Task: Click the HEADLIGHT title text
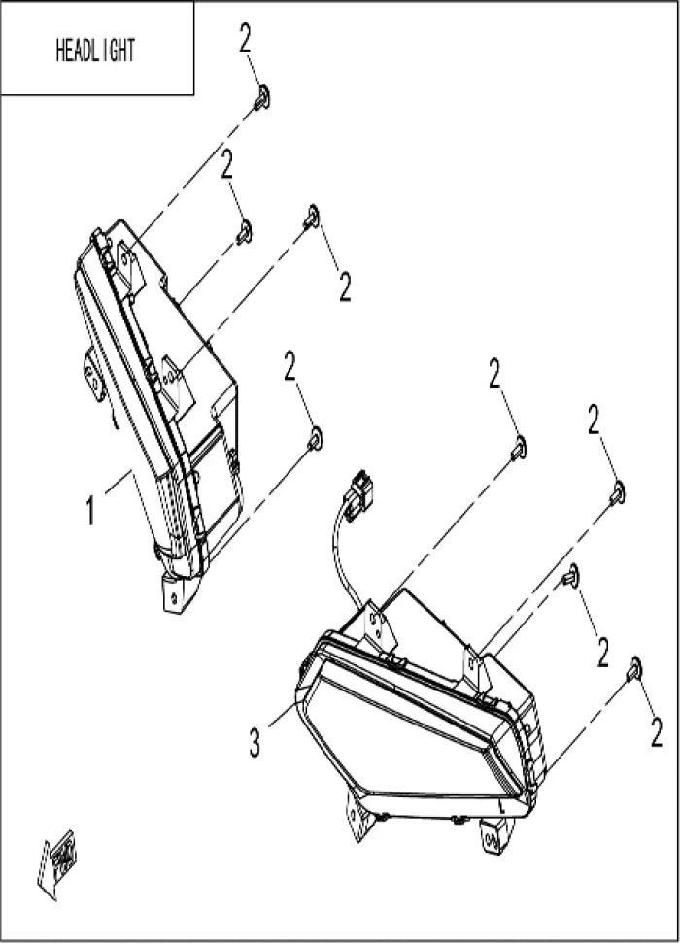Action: [x=95, y=51]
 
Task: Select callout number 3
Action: [x=255, y=741]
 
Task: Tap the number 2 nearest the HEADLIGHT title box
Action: [x=245, y=38]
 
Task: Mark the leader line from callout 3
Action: [x=283, y=714]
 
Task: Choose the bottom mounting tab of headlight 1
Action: [x=177, y=593]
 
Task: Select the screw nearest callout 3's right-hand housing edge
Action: [x=633, y=669]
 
